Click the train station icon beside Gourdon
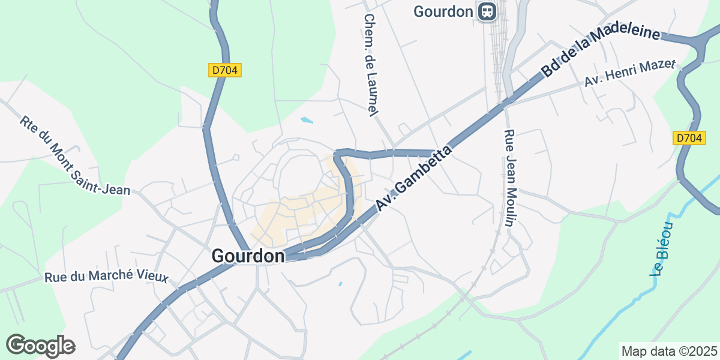pos(487,11)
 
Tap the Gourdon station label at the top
pos(443,11)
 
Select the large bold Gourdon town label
pos(248,256)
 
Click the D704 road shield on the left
pos(225,70)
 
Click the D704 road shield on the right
pos(688,138)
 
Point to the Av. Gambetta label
pos(413,179)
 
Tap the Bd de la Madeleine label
pos(600,52)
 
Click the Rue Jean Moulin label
pos(509,178)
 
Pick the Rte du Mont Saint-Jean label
pos(74,155)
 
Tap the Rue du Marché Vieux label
pos(106,277)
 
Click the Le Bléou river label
pos(663,248)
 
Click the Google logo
pos(40,346)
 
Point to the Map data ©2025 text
pos(668,351)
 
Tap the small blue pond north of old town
pos(307,120)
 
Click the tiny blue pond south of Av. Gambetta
pos(340,283)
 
